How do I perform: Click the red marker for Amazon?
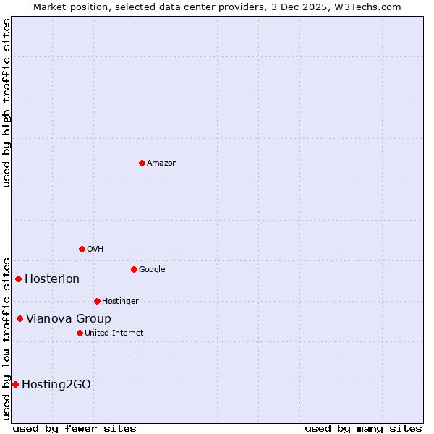tap(142, 163)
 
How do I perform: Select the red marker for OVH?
tap(82, 249)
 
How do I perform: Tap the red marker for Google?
tap(134, 269)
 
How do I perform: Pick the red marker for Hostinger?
tap(97, 301)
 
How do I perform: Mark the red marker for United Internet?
tap(80, 333)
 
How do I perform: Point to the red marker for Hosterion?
tap(18, 278)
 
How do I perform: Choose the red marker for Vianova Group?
tap(20, 318)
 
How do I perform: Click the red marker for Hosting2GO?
tap(15, 384)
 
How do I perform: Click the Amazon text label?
tap(162, 163)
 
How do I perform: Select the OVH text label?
tap(95, 249)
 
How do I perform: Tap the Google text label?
tap(152, 269)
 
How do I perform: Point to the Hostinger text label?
tap(120, 301)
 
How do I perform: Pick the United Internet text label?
tap(114, 333)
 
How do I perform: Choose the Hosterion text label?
tap(52, 279)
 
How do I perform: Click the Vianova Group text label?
tap(69, 318)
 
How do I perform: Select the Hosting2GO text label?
tap(56, 384)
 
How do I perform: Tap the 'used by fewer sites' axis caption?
tap(75, 428)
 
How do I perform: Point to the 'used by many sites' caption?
tap(363, 428)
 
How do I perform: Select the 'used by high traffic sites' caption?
tap(7, 103)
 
